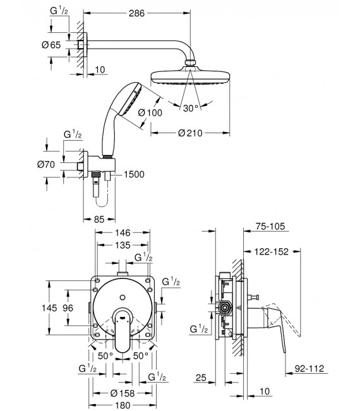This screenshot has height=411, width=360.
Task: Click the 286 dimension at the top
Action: coord(136,13)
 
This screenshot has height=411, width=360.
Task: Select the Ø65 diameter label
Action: coord(51,45)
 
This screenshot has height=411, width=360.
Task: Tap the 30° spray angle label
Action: coord(191,108)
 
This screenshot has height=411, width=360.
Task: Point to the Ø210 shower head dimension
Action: coord(190,133)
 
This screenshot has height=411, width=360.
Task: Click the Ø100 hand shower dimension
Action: coord(150,113)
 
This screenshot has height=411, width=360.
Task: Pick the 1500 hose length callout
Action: coord(134,174)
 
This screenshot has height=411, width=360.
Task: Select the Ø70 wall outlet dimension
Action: coord(46,164)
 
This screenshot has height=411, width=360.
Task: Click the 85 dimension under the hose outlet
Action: coord(99,220)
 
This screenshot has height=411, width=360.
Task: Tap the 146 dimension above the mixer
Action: coord(123,232)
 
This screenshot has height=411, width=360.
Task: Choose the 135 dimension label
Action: coord(123,245)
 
